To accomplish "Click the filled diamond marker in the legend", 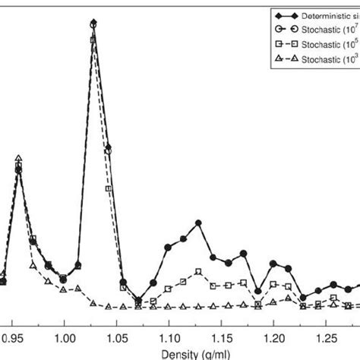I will pos(286,14).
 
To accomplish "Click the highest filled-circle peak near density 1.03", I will pos(93,23).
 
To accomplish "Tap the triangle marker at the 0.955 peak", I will pos(19,158).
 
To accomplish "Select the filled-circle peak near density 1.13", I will pos(198,223).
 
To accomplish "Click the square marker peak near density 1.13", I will pos(198,272).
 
